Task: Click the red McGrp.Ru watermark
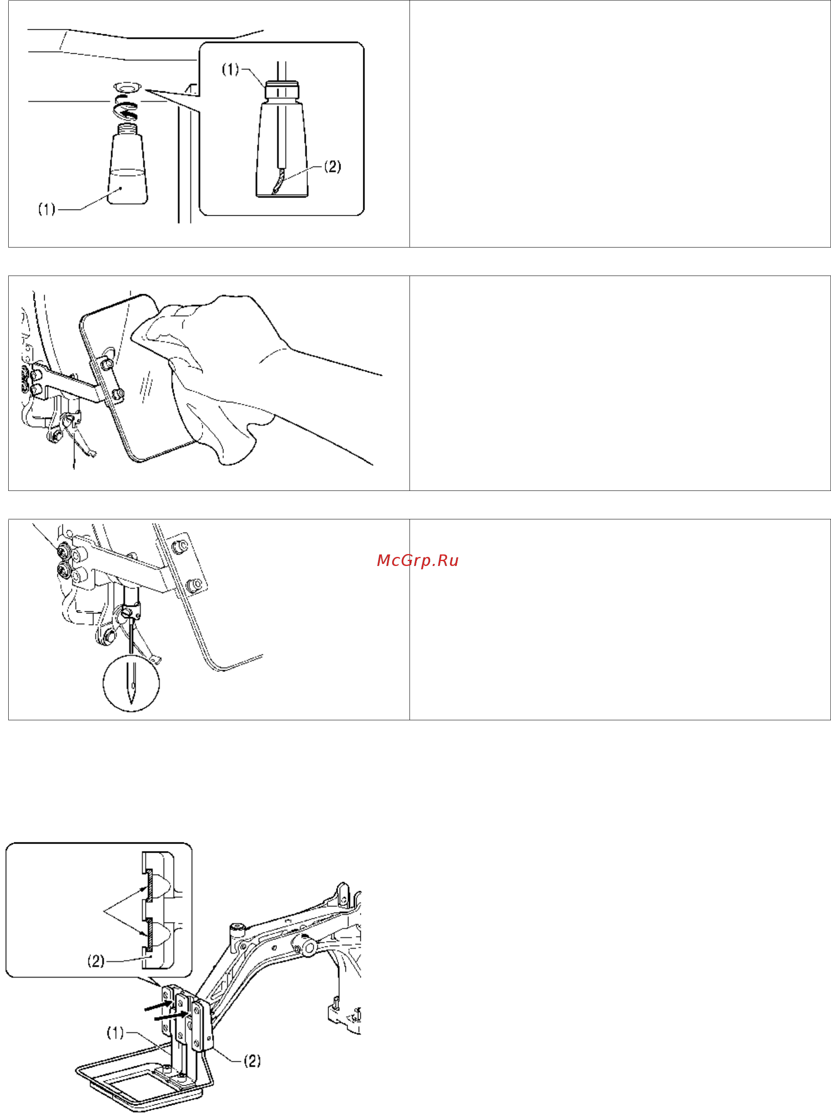(x=417, y=561)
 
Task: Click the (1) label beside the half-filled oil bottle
(x=47, y=209)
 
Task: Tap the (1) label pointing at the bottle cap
(x=230, y=69)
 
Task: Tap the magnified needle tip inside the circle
(x=131, y=694)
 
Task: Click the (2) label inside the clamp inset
(x=96, y=961)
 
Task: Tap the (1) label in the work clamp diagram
(x=115, y=1033)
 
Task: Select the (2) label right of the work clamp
(x=252, y=1061)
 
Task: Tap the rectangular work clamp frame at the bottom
(x=146, y=1081)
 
